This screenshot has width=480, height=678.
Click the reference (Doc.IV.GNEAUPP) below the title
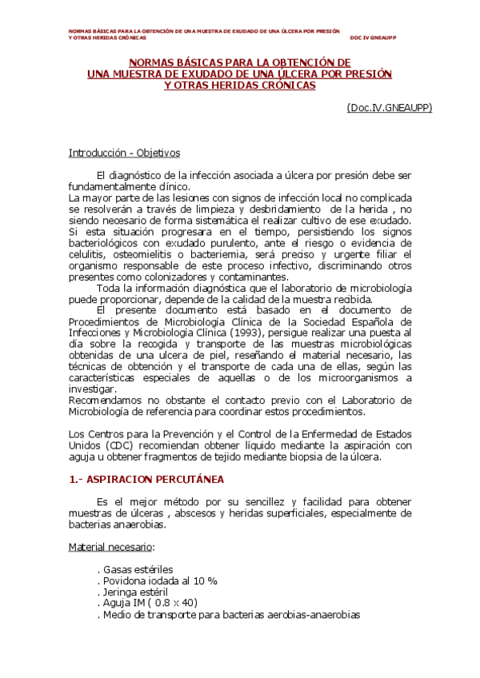coord(389,107)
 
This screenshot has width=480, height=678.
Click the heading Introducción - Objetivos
coord(124,152)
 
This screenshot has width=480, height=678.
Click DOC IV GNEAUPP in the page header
coord(373,38)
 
